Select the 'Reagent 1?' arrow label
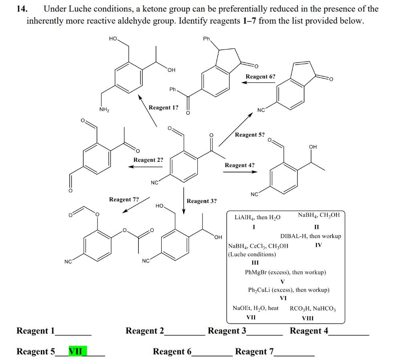[163, 107]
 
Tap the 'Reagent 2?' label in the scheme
[148, 160]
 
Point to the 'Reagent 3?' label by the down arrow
[202, 201]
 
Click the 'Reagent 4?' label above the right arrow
[239, 165]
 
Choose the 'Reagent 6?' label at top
[260, 76]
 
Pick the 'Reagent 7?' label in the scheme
[124, 199]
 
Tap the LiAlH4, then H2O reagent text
[257, 217]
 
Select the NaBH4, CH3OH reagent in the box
[319, 215]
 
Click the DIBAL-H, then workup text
[311, 236]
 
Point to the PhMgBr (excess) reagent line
[285, 272]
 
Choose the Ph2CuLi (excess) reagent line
[289, 290]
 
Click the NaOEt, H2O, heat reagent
[255, 308]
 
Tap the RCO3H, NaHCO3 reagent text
[313, 308]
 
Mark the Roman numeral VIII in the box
[307, 318]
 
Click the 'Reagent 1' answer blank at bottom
[74, 332]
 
